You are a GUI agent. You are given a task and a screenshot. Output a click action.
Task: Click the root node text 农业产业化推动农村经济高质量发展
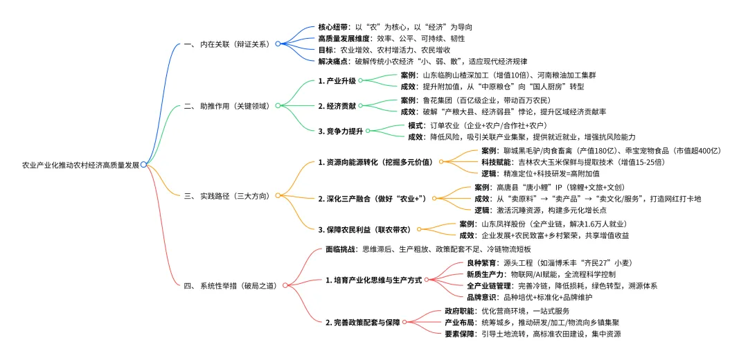(x=81, y=165)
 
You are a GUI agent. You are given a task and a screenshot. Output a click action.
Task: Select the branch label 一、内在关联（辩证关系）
(x=227, y=44)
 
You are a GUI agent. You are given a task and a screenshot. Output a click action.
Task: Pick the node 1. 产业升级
(x=337, y=81)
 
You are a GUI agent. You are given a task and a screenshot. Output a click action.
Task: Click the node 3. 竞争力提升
(x=341, y=131)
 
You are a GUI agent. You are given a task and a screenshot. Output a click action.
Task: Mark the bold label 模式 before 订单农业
(x=416, y=125)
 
